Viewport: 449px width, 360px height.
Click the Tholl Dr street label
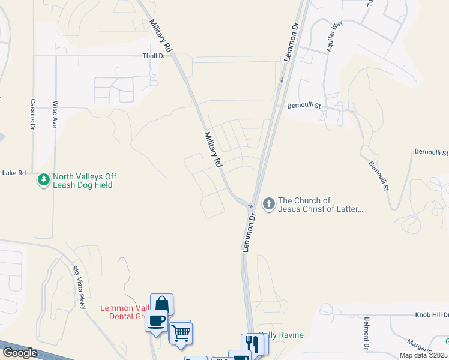tap(154, 56)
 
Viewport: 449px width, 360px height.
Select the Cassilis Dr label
tap(32, 115)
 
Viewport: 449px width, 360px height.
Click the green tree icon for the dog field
tap(43, 180)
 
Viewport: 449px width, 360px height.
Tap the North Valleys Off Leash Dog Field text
tap(84, 181)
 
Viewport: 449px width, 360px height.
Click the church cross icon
tap(268, 205)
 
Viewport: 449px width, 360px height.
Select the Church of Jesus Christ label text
tap(321, 205)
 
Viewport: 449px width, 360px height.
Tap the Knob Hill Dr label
tap(432, 314)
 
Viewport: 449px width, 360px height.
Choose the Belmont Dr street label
tap(366, 335)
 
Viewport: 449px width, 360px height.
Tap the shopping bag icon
tap(161, 304)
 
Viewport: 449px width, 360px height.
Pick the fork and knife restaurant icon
tap(252, 344)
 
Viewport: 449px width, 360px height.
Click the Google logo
tap(20, 353)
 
